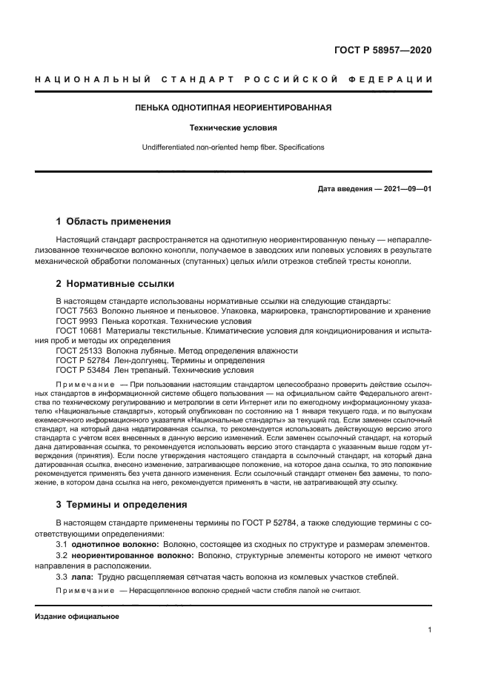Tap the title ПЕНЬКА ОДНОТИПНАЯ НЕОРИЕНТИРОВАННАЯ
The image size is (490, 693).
click(233, 107)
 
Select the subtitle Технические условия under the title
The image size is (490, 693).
click(233, 127)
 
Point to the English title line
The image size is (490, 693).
click(233, 147)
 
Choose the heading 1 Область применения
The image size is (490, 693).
click(114, 221)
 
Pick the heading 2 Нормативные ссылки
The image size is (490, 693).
click(114, 283)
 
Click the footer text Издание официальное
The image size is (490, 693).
click(77, 616)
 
